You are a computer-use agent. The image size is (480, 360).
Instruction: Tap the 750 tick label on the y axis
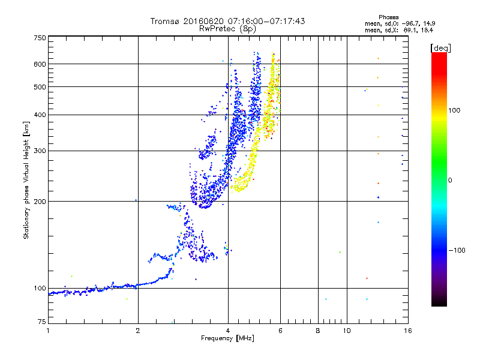(40, 38)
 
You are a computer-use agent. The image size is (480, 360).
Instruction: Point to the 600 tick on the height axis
(40, 64)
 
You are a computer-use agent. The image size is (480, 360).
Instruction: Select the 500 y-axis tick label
(40, 87)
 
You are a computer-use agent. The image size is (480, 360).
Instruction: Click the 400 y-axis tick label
(40, 115)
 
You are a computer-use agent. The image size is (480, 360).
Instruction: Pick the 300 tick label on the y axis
(40, 151)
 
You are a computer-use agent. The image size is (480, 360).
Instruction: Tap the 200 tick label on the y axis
(40, 202)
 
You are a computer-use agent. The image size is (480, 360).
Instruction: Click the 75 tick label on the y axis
(41, 322)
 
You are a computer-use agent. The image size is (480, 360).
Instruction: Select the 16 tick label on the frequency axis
(407, 331)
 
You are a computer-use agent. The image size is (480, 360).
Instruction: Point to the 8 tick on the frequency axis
(318, 331)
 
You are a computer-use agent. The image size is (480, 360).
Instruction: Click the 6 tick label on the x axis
(280, 331)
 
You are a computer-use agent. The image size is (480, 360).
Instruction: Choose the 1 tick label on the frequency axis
(49, 331)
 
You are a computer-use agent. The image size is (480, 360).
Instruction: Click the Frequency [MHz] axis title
(227, 339)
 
